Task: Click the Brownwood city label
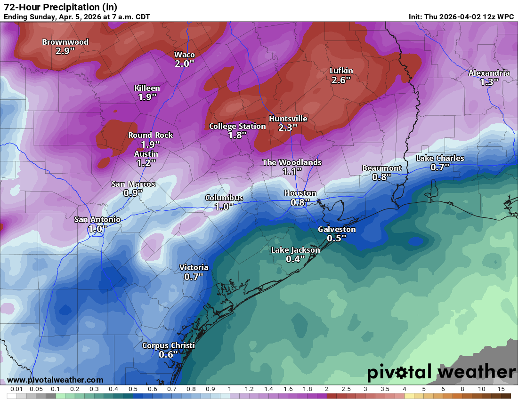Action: pos(65,42)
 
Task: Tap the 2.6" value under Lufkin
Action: pos(341,80)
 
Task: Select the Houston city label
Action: pos(300,193)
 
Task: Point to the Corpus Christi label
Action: pos(168,345)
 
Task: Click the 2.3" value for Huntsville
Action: pos(288,128)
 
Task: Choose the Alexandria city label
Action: pos(489,73)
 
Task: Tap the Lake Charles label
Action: pos(440,158)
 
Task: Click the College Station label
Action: pos(237,126)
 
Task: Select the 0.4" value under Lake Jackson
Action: pos(295,259)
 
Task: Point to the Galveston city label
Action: pos(337,229)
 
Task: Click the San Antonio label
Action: pos(97,219)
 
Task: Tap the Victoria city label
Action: pos(194,267)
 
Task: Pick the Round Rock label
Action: pos(150,135)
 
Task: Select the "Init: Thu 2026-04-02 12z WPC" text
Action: pos(461,16)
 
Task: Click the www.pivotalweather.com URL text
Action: pos(55,380)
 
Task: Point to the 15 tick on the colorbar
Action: pos(501,389)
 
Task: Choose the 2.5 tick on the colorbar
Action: pos(346,389)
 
